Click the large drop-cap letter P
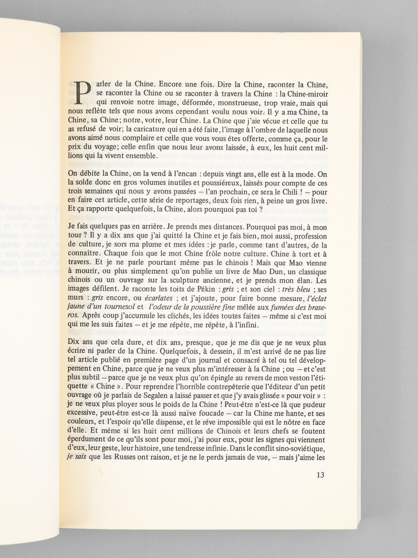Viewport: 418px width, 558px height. click(x=83, y=95)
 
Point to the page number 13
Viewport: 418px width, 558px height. click(x=321, y=475)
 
